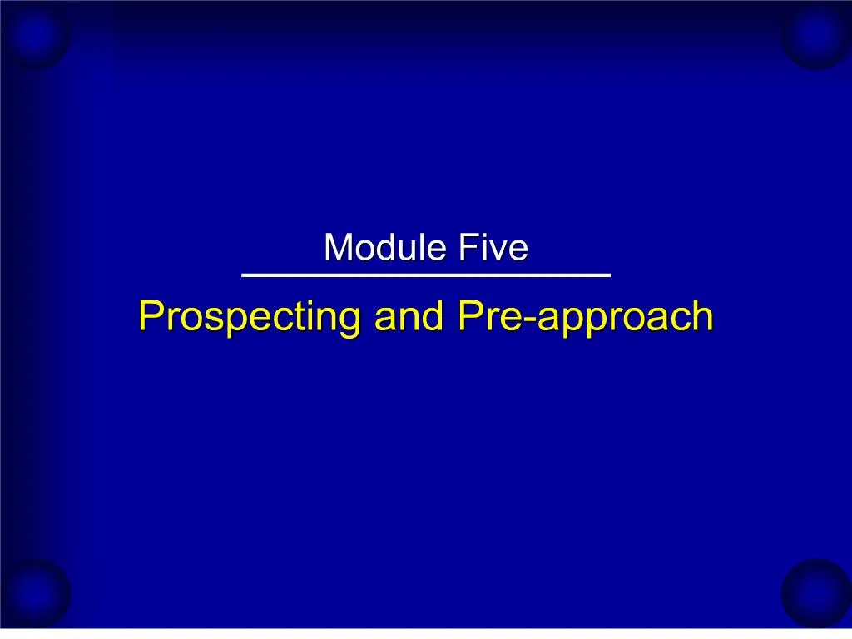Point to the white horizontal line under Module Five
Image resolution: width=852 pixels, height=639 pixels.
click(425, 275)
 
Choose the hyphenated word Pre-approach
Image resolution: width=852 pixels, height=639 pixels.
click(585, 318)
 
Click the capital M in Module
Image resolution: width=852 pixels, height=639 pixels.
click(337, 248)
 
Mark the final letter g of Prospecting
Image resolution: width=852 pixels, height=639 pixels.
click(350, 321)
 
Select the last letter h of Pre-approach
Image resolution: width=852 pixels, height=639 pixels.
click(704, 316)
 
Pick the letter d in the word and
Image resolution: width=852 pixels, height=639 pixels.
click(434, 316)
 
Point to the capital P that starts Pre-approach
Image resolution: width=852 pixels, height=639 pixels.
click(468, 316)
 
